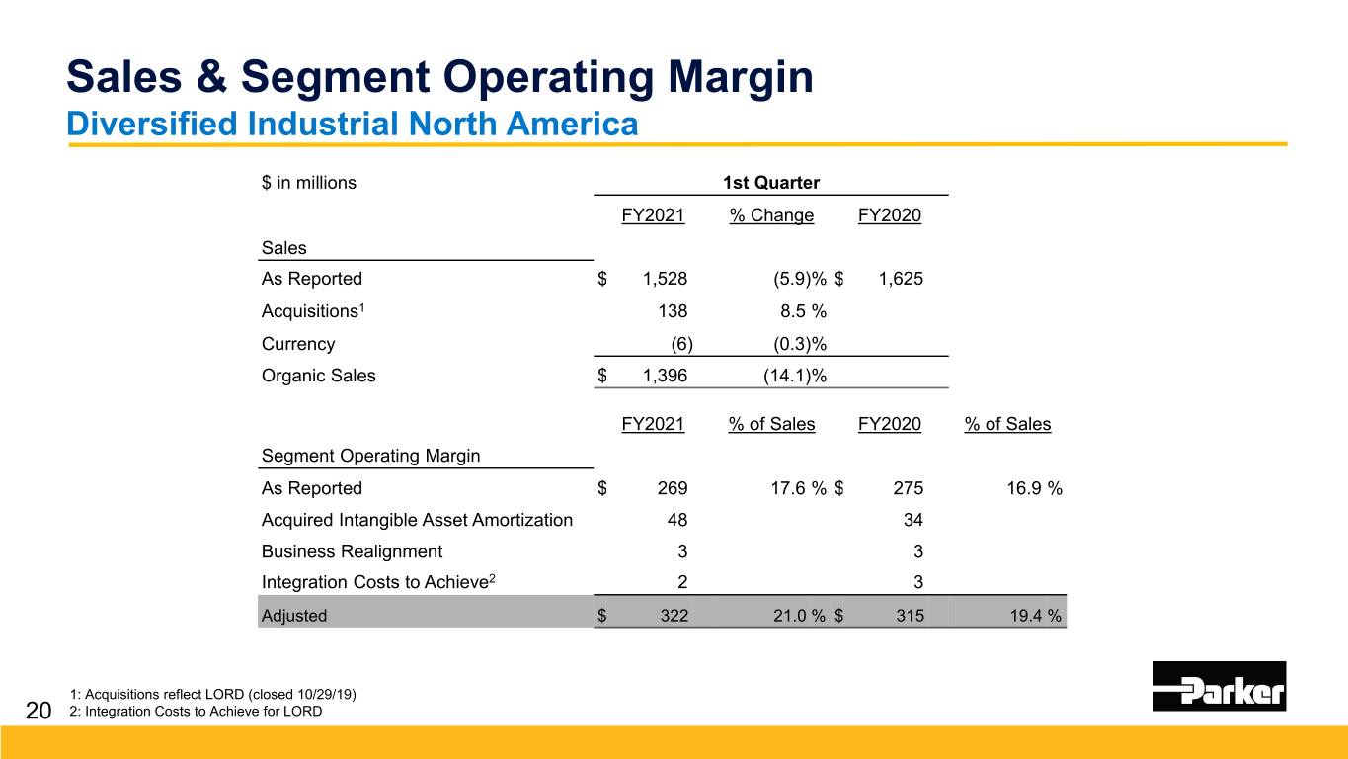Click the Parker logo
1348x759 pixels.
point(1219,686)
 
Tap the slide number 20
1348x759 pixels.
point(39,710)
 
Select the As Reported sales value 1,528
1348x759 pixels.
point(665,279)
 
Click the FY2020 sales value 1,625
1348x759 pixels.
point(901,279)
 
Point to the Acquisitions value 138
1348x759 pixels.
point(673,311)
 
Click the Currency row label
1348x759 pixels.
point(298,344)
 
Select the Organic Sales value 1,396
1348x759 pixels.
point(665,376)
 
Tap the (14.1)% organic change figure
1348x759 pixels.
point(795,376)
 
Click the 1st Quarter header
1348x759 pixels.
point(771,183)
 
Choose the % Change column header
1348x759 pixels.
point(771,215)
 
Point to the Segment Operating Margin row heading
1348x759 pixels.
point(370,456)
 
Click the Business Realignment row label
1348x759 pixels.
point(352,551)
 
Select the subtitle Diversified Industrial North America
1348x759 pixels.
point(352,125)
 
